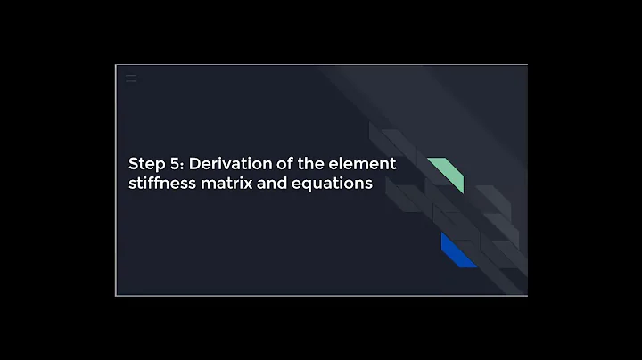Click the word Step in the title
(x=144, y=164)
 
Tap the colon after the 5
(x=181, y=165)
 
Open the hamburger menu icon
(x=131, y=78)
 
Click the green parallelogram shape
(x=445, y=175)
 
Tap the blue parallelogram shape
(x=458, y=251)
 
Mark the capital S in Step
(x=134, y=164)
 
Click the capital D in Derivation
(x=194, y=164)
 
